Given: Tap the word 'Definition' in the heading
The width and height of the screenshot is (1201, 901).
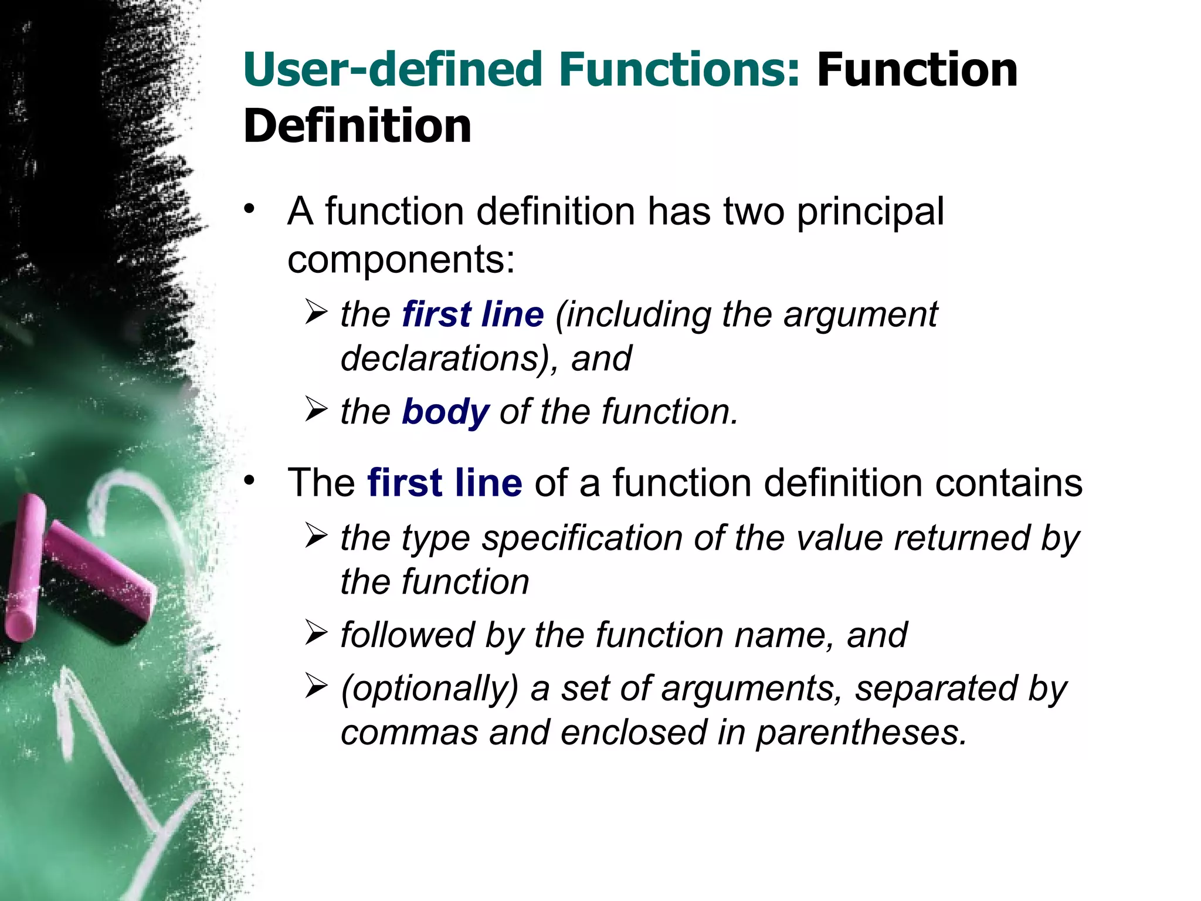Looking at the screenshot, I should point(357,126).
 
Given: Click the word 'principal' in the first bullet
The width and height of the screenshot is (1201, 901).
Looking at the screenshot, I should point(870,212).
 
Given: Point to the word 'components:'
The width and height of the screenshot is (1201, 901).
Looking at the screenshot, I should point(401,260).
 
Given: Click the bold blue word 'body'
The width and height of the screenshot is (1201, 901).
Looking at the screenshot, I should point(445,412).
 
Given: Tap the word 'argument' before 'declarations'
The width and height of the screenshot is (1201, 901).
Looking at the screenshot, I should point(860,316).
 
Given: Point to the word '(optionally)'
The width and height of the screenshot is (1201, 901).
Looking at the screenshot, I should point(430,689).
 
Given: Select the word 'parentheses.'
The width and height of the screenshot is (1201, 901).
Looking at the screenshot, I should point(861,733).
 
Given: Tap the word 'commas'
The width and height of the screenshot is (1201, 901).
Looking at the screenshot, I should point(409,733).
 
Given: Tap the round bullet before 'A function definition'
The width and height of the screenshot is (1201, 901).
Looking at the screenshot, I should point(250,209).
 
